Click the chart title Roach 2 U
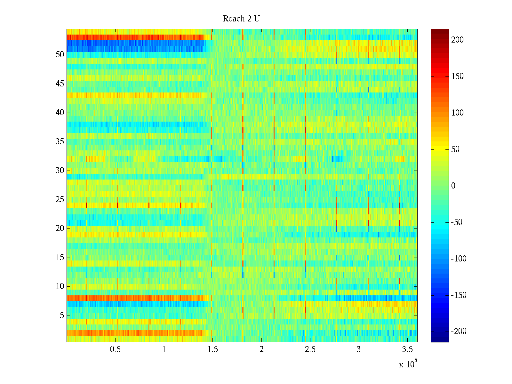tap(241, 19)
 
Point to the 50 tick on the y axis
tap(60, 55)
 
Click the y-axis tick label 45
tap(60, 84)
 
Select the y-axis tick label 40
tap(60, 113)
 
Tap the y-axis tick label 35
tap(60, 141)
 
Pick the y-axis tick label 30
tap(60, 171)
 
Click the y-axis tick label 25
tap(60, 200)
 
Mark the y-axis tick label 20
tap(60, 228)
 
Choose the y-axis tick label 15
tap(60, 258)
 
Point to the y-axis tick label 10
tap(60, 286)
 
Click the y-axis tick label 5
tap(62, 316)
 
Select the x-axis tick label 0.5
tap(115, 349)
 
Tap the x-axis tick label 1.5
tap(212, 349)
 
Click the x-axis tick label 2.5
tap(310, 349)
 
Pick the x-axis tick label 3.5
tap(407, 349)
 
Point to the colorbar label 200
tap(457, 40)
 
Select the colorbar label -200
tap(459, 332)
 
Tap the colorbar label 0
tap(453, 186)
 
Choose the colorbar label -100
tap(459, 259)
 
